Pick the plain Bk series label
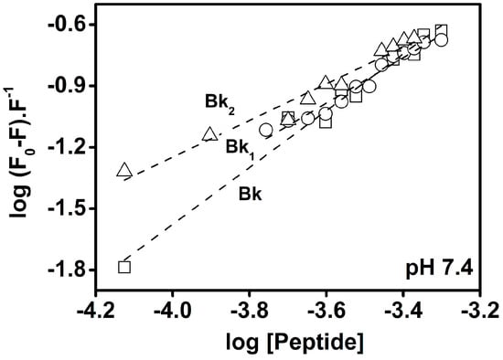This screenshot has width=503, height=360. pyautogui.click(x=249, y=194)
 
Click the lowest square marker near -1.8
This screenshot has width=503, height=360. pyautogui.click(x=124, y=267)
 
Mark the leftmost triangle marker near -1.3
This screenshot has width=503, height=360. pyautogui.click(x=124, y=170)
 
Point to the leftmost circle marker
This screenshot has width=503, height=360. pyautogui.click(x=266, y=130)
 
